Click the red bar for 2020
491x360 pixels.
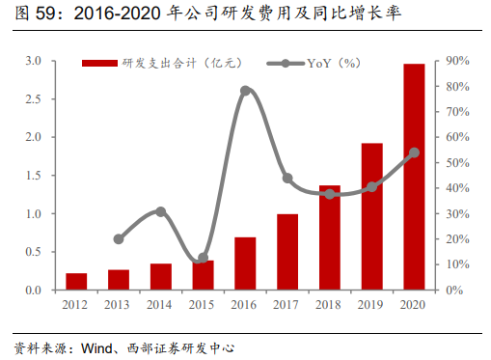(414, 177)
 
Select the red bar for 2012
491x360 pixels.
(76, 281)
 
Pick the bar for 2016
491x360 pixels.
(245, 263)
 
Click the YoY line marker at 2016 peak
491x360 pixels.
(245, 91)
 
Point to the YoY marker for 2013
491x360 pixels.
(119, 238)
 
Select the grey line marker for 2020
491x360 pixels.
(414, 152)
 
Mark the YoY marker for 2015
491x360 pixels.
(203, 258)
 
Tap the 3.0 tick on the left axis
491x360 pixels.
(33, 61)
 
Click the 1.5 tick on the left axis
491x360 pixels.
(33, 176)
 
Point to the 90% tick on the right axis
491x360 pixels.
(458, 61)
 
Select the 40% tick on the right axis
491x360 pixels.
(458, 188)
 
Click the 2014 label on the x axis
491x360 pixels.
(160, 306)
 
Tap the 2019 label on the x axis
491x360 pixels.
(371, 306)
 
